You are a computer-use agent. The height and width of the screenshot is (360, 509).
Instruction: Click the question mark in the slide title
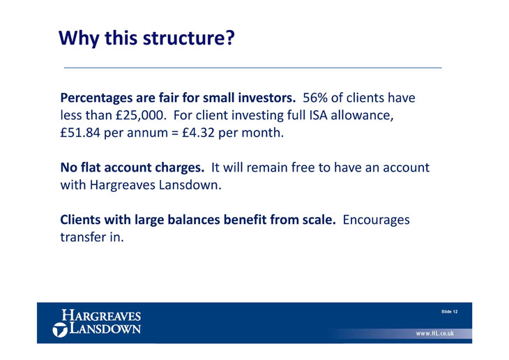(x=229, y=38)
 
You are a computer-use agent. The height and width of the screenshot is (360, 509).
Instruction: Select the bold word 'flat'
(x=91, y=167)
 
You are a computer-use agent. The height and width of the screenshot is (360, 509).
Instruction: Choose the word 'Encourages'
(x=377, y=220)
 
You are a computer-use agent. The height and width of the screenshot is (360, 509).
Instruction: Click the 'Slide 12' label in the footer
(x=449, y=312)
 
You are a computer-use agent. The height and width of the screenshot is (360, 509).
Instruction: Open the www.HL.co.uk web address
(x=435, y=333)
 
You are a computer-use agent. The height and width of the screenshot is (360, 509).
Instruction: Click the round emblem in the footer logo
(x=60, y=329)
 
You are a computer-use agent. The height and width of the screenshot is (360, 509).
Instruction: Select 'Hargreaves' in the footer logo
(x=101, y=315)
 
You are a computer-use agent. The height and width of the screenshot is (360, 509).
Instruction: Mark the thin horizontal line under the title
(x=253, y=68)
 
